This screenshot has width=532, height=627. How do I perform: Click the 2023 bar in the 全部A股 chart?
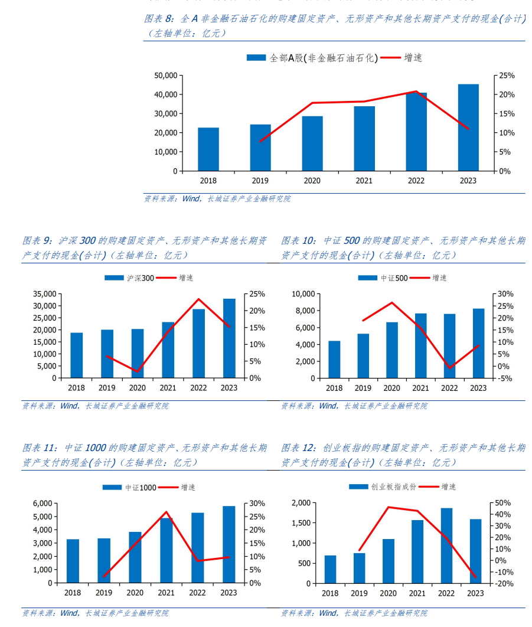pos(468,128)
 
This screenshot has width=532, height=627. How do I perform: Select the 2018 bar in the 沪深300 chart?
pos(77,355)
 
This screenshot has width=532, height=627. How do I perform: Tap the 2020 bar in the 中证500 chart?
pos(392,350)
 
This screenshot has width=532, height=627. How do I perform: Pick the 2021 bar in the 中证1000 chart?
pos(166,550)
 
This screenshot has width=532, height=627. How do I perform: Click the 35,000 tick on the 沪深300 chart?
pos(44,294)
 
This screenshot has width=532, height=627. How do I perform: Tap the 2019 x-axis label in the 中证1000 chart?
pos(104,593)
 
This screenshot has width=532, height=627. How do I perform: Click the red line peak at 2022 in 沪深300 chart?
pos(198,299)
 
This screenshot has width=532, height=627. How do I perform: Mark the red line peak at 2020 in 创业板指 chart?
pos(389,507)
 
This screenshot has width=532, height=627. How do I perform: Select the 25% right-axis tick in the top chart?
pos(507,76)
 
